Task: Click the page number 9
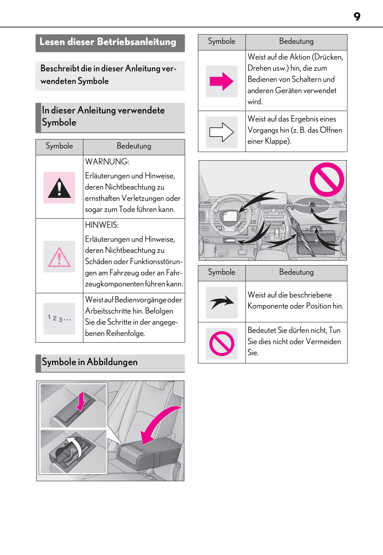[x=357, y=16]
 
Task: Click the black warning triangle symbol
[x=59, y=188]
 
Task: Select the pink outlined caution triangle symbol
[x=59, y=257]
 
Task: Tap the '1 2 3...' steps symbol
[x=59, y=318]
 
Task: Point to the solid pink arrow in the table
[x=221, y=81]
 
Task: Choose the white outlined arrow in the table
[x=221, y=132]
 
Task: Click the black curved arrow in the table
[x=222, y=302]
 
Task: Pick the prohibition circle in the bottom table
[x=222, y=343]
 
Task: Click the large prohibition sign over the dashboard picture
[x=327, y=180]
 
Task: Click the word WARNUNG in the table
[x=107, y=162]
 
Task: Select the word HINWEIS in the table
[x=102, y=225]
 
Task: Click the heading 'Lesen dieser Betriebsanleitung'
[x=108, y=42]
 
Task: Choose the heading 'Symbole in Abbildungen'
[x=90, y=362]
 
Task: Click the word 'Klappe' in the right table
[x=277, y=141]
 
